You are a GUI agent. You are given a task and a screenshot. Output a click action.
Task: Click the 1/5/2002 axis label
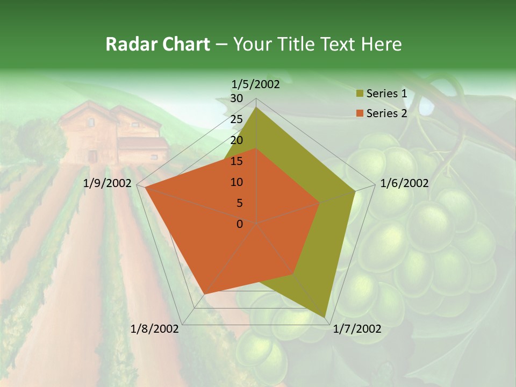(255, 84)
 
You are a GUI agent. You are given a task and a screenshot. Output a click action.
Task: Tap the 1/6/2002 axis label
(404, 183)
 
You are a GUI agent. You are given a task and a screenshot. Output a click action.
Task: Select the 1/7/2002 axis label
(357, 329)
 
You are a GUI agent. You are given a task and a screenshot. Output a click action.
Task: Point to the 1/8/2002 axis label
(155, 329)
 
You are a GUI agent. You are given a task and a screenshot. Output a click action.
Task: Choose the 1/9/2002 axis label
(107, 183)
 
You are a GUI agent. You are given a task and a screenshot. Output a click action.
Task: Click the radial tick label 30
(236, 98)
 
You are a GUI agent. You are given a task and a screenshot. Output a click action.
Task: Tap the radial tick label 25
(236, 119)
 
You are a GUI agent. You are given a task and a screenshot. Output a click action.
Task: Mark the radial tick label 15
(236, 161)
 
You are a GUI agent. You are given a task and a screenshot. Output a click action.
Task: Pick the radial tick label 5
(239, 203)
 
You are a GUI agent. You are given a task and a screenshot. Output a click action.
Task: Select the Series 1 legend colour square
(360, 94)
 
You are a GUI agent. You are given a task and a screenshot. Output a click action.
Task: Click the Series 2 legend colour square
(360, 113)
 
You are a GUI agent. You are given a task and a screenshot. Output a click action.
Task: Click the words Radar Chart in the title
(157, 44)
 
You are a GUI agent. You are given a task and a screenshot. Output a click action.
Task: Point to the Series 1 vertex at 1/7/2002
(325, 317)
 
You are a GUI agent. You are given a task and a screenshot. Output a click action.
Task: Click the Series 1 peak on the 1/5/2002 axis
(256, 107)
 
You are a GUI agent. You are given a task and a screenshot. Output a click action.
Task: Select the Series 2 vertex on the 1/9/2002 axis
(145, 188)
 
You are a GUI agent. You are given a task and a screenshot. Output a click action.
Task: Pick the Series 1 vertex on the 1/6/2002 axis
(355, 191)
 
